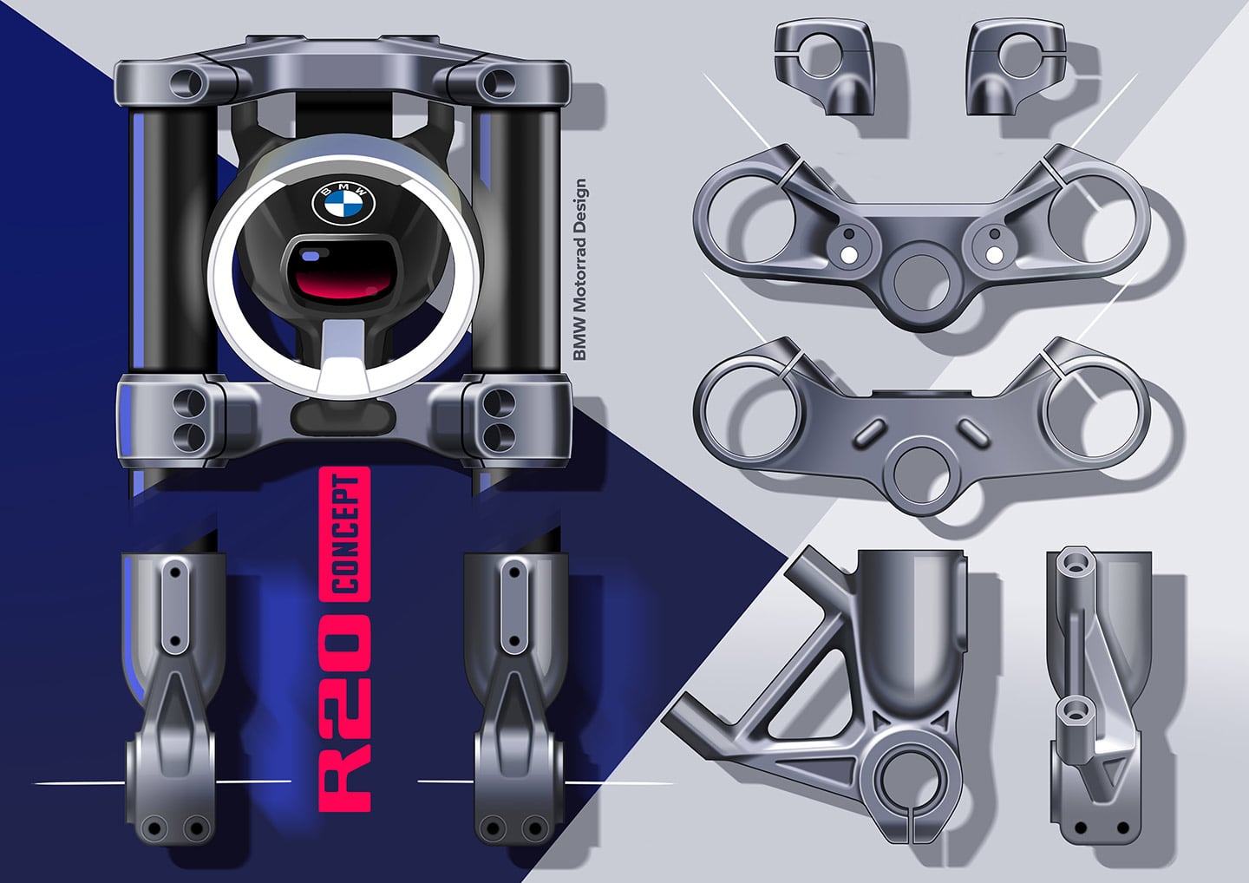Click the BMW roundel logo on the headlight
pyautogui.click(x=343, y=204)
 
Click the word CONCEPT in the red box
pyautogui.click(x=344, y=534)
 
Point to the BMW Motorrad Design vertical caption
pyautogui.click(x=580, y=269)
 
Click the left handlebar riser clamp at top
pyautogui.click(x=823, y=66)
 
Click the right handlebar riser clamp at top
pyautogui.click(x=1016, y=66)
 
